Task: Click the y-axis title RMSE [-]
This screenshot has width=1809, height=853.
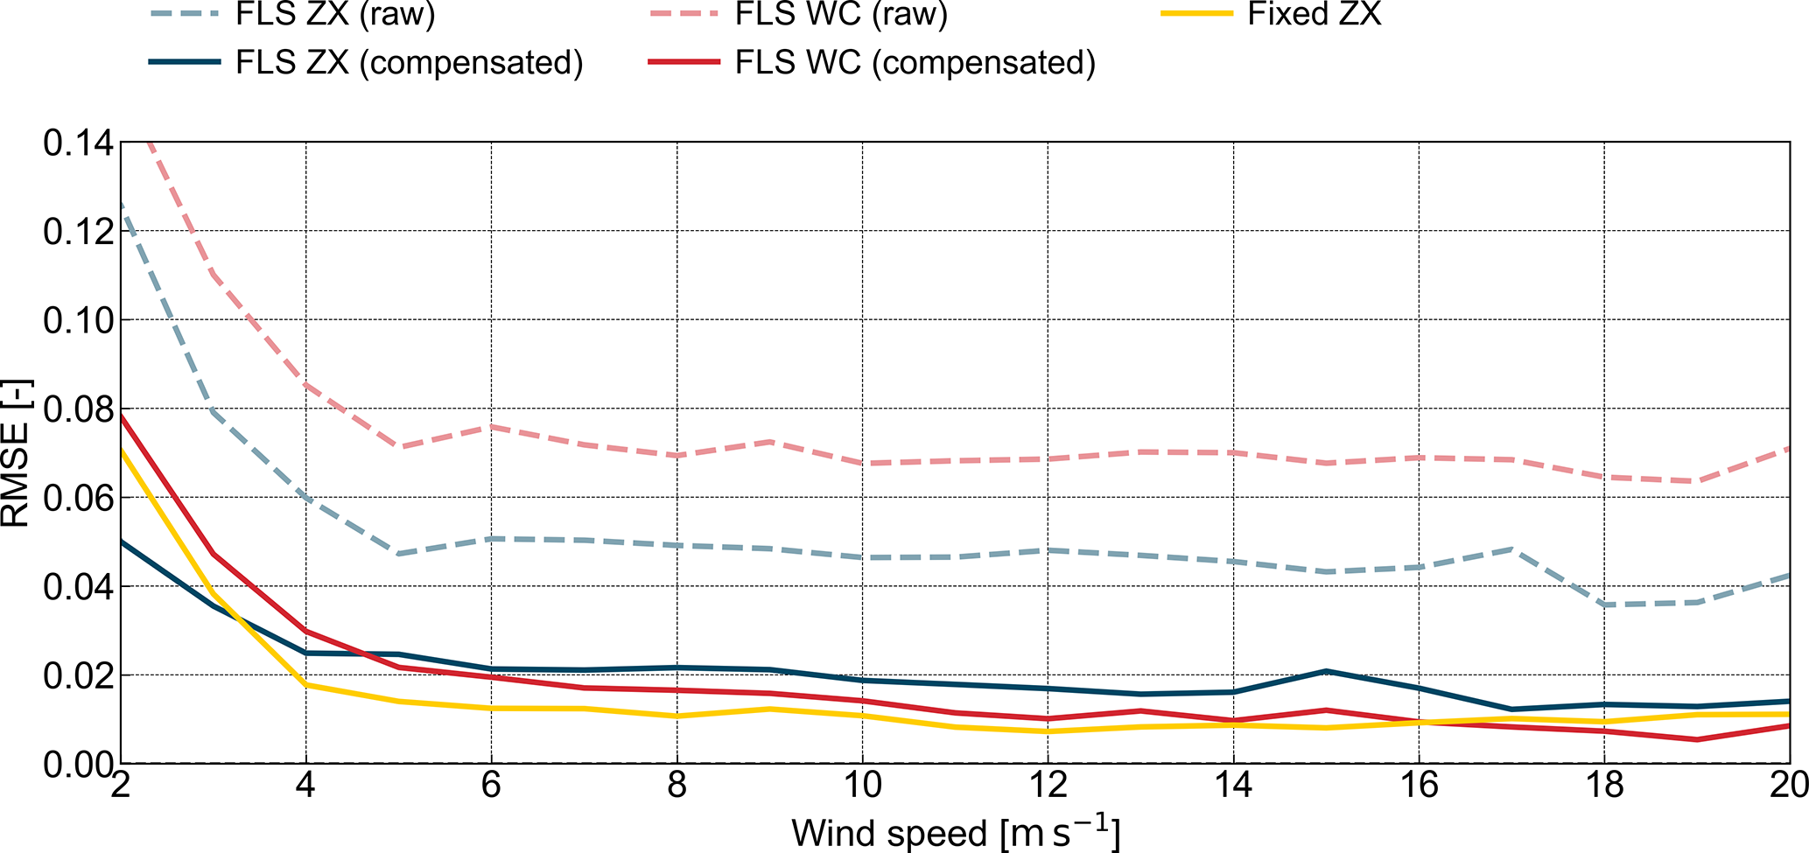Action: (x=18, y=453)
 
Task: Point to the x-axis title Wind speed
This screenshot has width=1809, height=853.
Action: (x=955, y=832)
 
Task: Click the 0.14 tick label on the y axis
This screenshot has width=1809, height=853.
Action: (x=78, y=143)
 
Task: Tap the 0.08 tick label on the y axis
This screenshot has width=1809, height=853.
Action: (x=78, y=409)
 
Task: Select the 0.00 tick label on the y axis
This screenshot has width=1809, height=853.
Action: (x=78, y=765)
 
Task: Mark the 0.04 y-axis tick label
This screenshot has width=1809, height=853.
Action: (x=78, y=587)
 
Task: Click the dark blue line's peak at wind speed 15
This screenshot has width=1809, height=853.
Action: (x=1327, y=671)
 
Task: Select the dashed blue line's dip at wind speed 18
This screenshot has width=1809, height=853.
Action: (x=1604, y=605)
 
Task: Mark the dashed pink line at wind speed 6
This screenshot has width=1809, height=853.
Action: (x=491, y=426)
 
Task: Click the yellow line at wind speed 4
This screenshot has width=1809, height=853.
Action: (x=305, y=684)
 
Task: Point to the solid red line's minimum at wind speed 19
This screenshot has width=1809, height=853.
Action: (x=1697, y=739)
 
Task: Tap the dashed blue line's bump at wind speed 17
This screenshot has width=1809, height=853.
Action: (x=1511, y=549)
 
